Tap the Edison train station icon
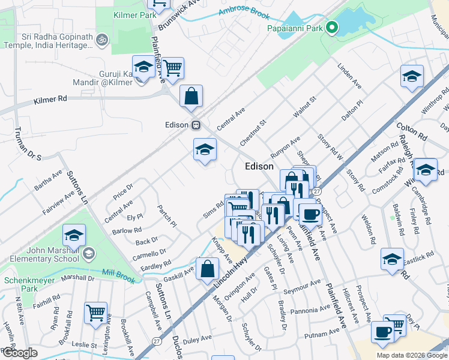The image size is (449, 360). pyautogui.click(x=196, y=125)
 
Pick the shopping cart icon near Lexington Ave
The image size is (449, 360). pyautogui.click(x=96, y=313)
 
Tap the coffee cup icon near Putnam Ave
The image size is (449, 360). pyautogui.click(x=382, y=332)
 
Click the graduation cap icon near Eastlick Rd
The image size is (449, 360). pyautogui.click(x=393, y=260)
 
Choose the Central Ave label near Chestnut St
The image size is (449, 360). pyautogui.click(x=231, y=119)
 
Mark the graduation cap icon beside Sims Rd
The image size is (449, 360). pyautogui.click(x=205, y=149)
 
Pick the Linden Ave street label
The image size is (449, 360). pyautogui.click(x=349, y=77)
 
